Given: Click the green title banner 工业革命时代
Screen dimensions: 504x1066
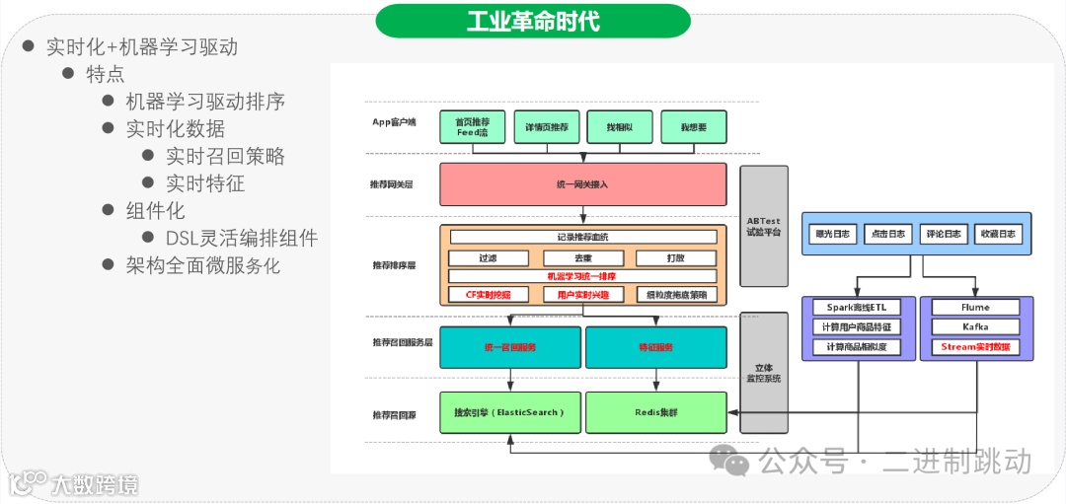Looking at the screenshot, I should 532,21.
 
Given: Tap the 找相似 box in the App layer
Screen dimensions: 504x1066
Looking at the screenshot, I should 619,127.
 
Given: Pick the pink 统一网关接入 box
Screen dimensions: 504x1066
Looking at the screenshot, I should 582,184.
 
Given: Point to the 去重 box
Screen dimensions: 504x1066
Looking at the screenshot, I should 582,258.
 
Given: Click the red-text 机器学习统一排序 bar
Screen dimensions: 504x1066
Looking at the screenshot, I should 582,276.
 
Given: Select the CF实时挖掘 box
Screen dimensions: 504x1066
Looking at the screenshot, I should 487,294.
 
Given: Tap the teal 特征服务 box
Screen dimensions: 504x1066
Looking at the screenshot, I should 655,347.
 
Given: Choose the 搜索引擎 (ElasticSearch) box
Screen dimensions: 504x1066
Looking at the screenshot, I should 509,412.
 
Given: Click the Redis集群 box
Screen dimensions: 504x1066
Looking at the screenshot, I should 655,412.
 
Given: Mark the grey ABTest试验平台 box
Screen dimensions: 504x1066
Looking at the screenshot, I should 764,227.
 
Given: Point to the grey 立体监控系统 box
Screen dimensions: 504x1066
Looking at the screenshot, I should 764,373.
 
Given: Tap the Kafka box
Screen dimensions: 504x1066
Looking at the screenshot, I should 975,326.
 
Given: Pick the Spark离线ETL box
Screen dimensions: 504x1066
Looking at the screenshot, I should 857,307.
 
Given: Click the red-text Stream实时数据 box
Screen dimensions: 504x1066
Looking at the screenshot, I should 975,347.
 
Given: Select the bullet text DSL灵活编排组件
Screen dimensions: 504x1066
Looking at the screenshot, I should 242,238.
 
